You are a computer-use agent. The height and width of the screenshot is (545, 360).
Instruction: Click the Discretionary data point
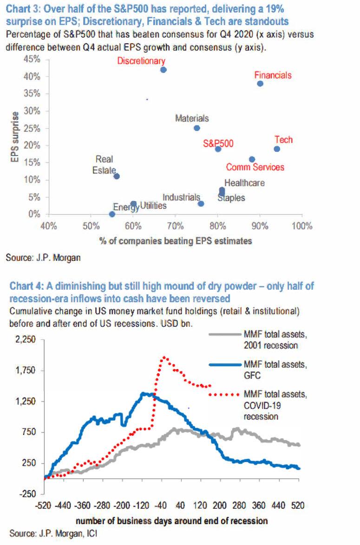(163, 70)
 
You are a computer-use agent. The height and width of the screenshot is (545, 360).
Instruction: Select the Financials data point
(260, 84)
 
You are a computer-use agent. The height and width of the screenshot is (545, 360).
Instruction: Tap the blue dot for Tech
(277, 149)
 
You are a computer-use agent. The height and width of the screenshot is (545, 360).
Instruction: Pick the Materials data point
(196, 128)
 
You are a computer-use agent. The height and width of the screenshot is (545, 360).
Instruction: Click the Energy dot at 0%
(112, 214)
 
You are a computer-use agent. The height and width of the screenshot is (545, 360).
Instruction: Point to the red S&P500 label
(218, 144)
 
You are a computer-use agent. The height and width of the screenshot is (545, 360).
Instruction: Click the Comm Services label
(255, 167)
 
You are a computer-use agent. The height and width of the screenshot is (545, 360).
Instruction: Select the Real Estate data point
(117, 176)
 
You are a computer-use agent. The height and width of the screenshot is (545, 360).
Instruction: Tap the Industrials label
(181, 197)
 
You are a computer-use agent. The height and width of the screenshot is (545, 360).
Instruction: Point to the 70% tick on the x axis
(175, 227)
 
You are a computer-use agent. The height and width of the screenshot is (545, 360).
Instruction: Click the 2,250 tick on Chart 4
(26, 340)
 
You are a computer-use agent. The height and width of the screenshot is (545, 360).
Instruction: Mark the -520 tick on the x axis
(45, 505)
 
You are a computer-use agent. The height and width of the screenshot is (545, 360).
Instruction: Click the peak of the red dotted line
(164, 357)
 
